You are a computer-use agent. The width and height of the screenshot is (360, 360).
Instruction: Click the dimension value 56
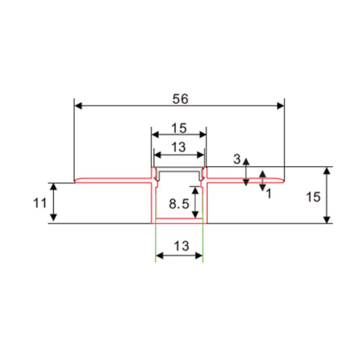[179, 99]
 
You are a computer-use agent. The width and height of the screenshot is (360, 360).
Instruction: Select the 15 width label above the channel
[178, 127]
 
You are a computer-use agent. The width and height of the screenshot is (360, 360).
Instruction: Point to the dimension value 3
[237, 159]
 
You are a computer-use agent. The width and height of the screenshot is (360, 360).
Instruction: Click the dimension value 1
[268, 192]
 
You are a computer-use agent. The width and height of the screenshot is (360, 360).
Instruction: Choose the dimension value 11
[38, 202]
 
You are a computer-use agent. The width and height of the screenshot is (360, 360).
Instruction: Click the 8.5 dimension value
[178, 203]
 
